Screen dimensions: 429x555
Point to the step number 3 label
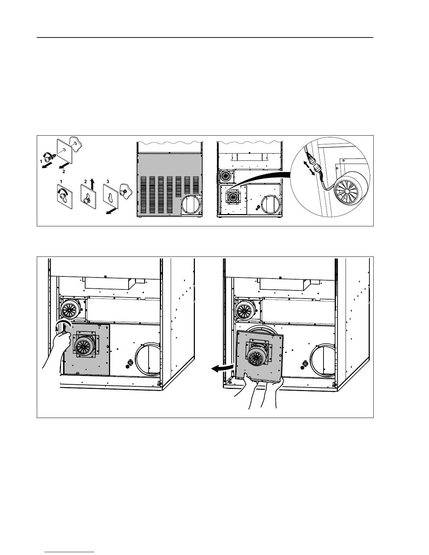[108, 181]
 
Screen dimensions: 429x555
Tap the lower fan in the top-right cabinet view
[232, 198]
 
